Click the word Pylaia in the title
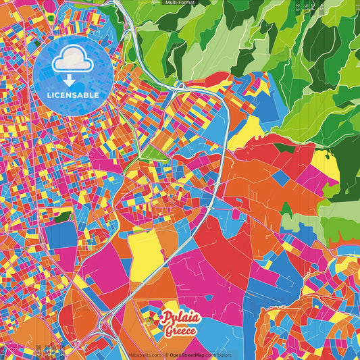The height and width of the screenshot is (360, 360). click(x=180, y=318)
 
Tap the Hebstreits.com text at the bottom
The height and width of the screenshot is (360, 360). click(x=146, y=354)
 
